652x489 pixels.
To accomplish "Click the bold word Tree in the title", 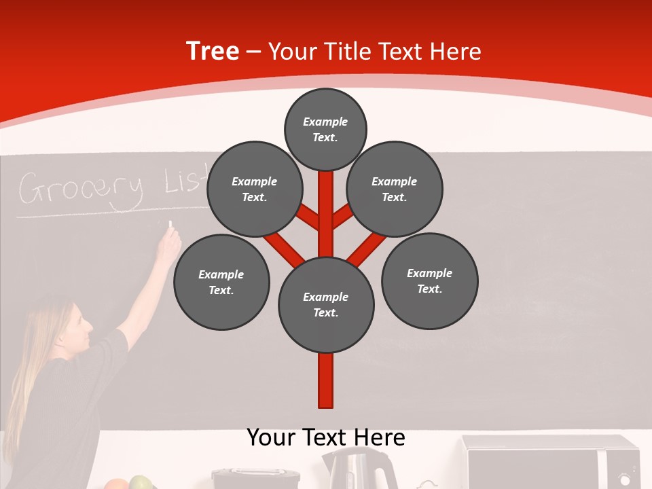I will pos(213,52).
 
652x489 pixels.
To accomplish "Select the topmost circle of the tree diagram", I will pos(325,129).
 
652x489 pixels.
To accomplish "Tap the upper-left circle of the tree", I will pos(254,189).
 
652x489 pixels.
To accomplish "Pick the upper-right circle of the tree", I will pos(395,189).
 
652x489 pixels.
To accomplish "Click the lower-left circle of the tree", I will pos(221,282).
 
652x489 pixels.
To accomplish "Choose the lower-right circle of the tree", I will pos(429,280).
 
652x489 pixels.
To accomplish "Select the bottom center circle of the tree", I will pos(326,305).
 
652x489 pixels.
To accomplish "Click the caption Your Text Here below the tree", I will pos(326,437).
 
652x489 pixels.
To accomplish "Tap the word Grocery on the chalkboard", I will pos(80,188).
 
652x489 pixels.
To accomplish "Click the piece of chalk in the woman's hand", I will pos(170,223).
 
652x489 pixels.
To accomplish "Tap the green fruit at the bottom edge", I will pos(140,483).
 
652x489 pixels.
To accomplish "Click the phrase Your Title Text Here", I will pos(375,52).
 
